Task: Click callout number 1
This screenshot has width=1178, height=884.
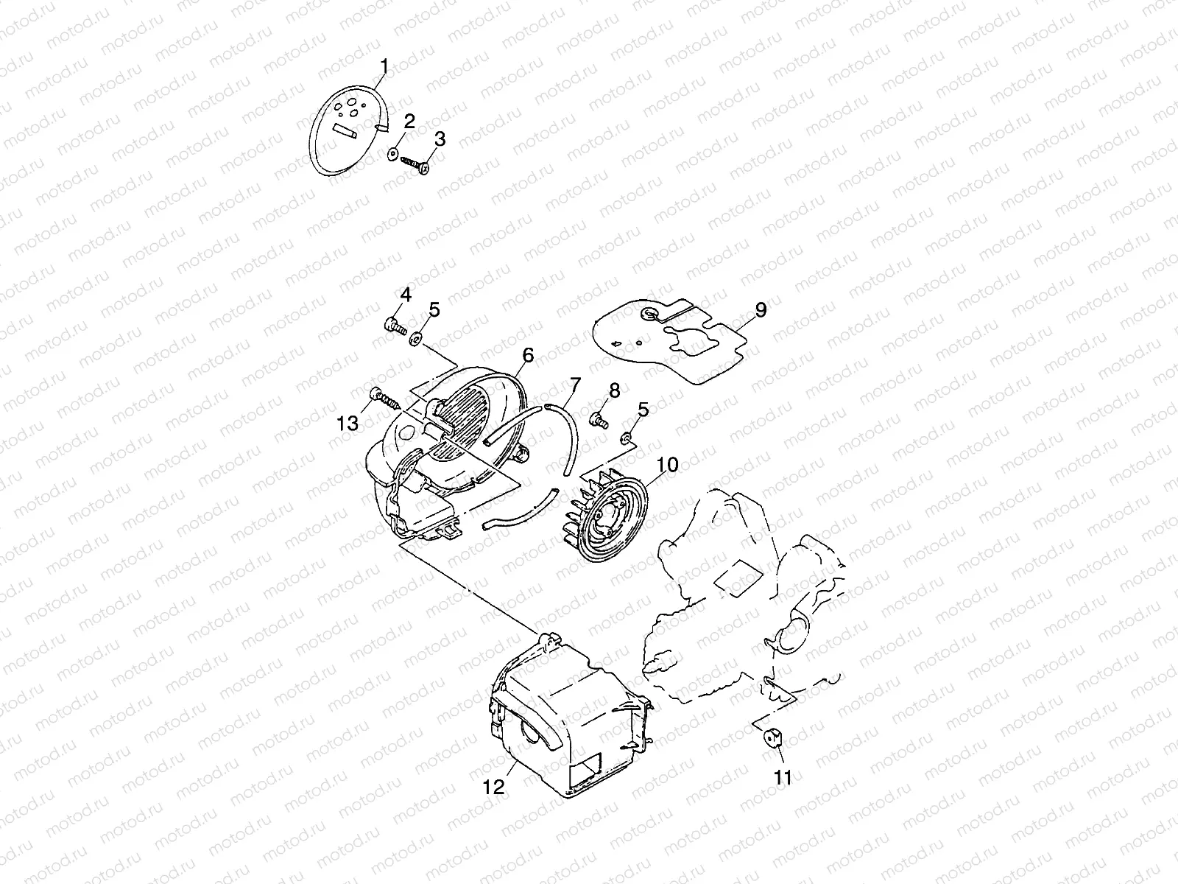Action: [x=384, y=67]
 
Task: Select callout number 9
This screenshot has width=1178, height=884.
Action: [x=761, y=309]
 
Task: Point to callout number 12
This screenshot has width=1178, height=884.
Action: [x=494, y=787]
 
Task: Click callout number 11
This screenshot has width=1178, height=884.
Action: [x=783, y=776]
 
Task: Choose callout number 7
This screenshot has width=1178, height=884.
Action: [x=575, y=384]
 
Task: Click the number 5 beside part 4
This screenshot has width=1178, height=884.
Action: [x=434, y=309]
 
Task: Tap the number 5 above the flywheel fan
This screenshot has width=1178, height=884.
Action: [x=643, y=410]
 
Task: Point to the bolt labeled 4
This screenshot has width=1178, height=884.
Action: [x=395, y=324]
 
